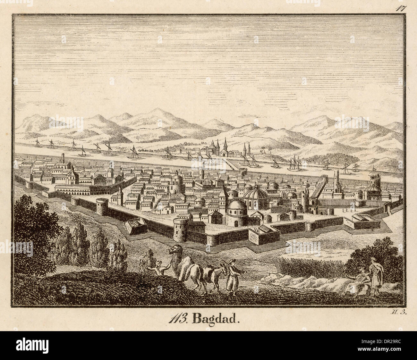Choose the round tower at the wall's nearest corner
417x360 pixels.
tap(180, 229)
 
